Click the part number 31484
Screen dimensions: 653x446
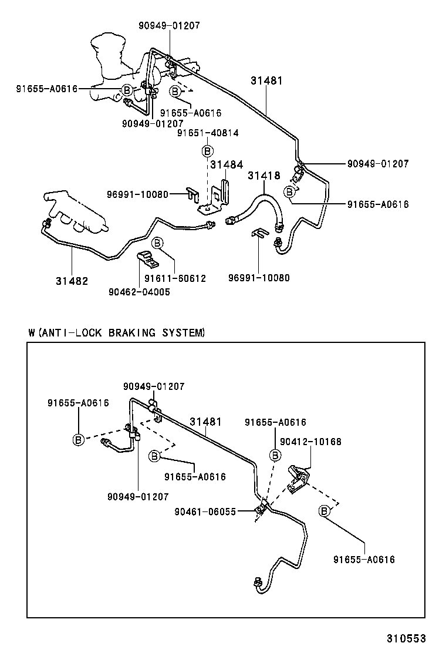pos(227,165)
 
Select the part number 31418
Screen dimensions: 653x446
pos(263,175)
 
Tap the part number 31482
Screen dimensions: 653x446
pos(72,281)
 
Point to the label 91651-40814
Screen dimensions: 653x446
pos(208,133)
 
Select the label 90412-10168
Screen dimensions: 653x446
pos(310,442)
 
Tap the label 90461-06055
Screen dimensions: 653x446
pos(205,511)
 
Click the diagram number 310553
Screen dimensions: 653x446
pos(406,638)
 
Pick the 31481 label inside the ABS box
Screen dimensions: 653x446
pos(205,422)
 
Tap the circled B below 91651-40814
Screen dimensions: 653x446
pos(208,151)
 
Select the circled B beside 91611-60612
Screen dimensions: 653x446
pos(157,243)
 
